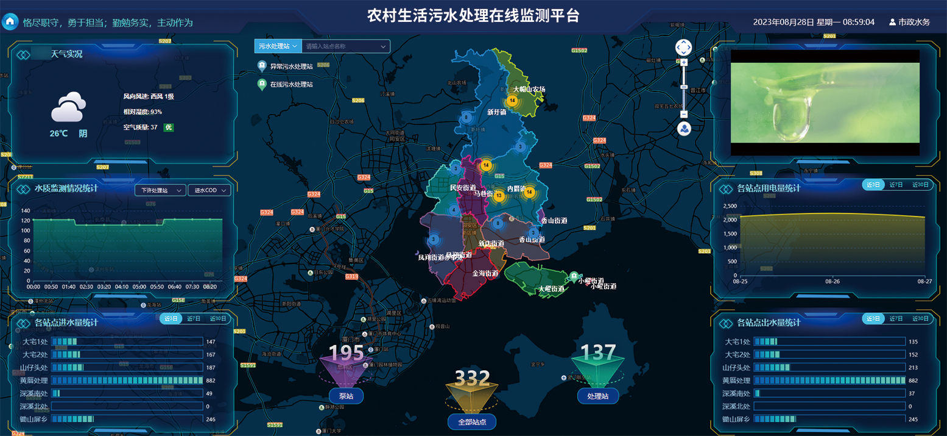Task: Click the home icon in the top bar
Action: point(10,22)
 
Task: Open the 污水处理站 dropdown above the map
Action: point(278,46)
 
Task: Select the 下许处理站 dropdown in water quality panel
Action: point(160,190)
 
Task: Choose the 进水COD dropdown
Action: point(209,190)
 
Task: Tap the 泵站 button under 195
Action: point(346,396)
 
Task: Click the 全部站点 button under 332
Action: point(472,422)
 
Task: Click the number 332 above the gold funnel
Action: point(473,378)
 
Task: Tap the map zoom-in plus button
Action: point(684,62)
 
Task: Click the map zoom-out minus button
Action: point(684,114)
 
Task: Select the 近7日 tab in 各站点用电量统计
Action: point(896,185)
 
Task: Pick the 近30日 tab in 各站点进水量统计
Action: point(218,319)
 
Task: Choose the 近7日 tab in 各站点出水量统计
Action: point(896,319)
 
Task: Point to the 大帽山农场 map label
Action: point(529,90)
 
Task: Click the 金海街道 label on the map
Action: point(485,274)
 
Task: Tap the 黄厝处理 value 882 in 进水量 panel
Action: point(211,381)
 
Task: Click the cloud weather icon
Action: point(68,108)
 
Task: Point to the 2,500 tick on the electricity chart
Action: point(729,207)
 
